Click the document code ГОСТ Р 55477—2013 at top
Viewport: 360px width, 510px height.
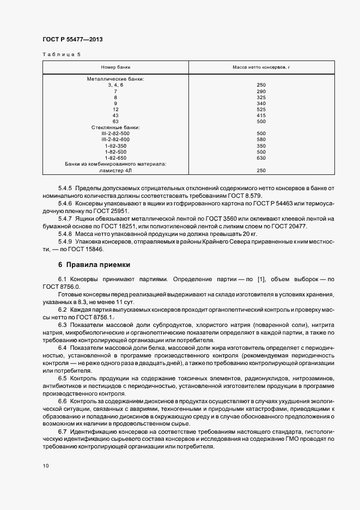tap(72, 40)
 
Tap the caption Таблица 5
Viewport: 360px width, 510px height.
tap(61, 54)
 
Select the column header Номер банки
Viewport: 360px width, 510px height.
tap(115, 67)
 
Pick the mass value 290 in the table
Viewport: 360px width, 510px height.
tap(261, 91)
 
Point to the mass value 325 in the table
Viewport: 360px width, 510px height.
tap(261, 97)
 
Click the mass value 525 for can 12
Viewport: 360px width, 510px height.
tap(261, 109)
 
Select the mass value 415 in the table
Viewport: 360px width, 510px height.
tap(261, 115)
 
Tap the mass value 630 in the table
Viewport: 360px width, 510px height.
tap(261, 158)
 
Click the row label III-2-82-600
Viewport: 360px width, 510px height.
tap(115, 139)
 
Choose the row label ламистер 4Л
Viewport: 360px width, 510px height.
tap(115, 171)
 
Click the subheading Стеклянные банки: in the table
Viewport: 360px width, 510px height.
tap(115, 127)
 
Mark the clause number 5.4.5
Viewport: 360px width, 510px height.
tap(65, 188)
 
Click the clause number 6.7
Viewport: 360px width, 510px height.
tap(62, 431)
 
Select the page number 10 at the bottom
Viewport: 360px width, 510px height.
tap(46, 466)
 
